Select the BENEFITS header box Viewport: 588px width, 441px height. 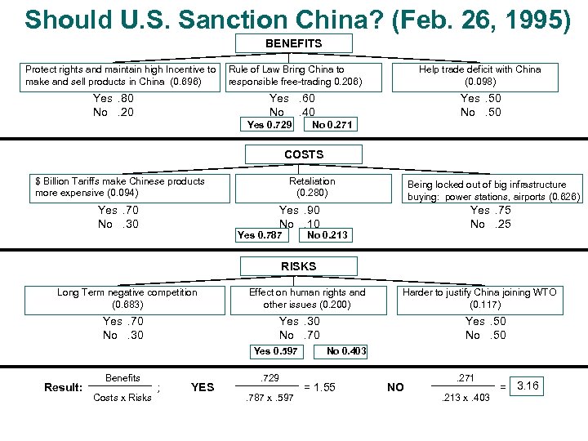tap(293, 43)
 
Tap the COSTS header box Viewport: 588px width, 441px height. tap(304, 154)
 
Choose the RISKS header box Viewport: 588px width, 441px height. tap(298, 266)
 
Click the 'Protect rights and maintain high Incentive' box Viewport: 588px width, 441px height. tap(120, 76)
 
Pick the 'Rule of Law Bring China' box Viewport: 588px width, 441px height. tap(294, 76)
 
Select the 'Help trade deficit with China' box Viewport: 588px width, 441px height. tap(479, 76)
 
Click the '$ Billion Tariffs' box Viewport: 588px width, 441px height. tap(130, 187)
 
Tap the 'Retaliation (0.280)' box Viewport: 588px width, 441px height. tap(312, 187)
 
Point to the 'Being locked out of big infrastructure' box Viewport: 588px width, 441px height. tap(493, 190)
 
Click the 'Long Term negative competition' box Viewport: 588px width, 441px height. tap(127, 298)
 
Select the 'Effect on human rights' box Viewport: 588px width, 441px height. tap(307, 298)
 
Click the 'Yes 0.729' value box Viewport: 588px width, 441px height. tap(269, 124)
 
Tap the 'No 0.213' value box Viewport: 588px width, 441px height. tap(327, 235)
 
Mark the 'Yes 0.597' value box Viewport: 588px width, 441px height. tap(275, 351)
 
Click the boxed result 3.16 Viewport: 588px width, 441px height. tap(528, 385)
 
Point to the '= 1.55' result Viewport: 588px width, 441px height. tap(319, 386)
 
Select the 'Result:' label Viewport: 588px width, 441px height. tap(63, 387)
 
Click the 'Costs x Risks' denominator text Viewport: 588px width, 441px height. tap(122, 398)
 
